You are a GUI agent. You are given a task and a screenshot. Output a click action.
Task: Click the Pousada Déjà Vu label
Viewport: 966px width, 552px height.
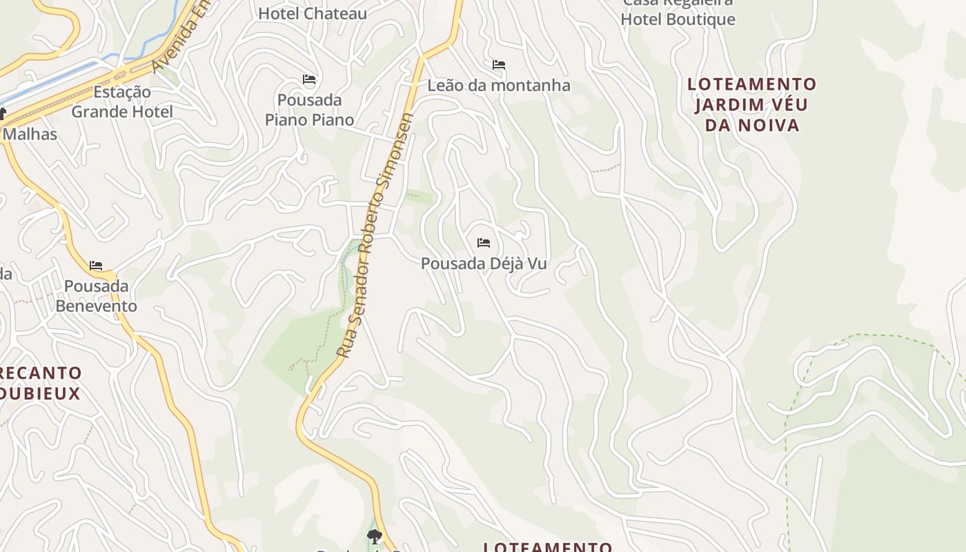[484, 264]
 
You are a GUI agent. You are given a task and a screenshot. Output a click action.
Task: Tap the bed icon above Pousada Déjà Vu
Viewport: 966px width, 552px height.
[484, 243]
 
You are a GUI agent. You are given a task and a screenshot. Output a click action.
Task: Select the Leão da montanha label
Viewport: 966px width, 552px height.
[499, 86]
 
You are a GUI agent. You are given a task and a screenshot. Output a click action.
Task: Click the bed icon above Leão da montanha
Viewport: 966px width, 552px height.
[499, 65]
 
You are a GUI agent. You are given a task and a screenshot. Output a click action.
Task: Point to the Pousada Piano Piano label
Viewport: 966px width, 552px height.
[309, 110]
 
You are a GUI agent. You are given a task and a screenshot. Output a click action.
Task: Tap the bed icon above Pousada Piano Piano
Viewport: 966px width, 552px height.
[309, 79]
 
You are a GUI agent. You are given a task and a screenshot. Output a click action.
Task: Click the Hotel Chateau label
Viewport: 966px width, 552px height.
[313, 13]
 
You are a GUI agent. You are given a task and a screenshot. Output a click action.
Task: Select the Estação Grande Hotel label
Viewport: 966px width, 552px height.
[122, 101]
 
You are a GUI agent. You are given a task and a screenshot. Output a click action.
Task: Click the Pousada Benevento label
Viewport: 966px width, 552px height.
[97, 295]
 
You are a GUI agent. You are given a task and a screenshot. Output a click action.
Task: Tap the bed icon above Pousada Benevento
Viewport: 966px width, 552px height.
[96, 265]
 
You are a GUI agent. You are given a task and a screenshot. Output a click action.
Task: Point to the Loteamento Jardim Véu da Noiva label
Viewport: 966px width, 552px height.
[751, 104]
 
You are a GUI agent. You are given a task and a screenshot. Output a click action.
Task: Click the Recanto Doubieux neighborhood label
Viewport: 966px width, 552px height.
[41, 383]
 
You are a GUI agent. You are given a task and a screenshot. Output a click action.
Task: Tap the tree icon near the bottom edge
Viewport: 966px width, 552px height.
[374, 535]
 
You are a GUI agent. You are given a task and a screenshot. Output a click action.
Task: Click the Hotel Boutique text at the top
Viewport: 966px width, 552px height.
[678, 19]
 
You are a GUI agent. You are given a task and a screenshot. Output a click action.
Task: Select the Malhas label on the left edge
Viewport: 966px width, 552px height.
[30, 134]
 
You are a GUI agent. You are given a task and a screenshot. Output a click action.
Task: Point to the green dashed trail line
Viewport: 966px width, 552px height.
[787, 428]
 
